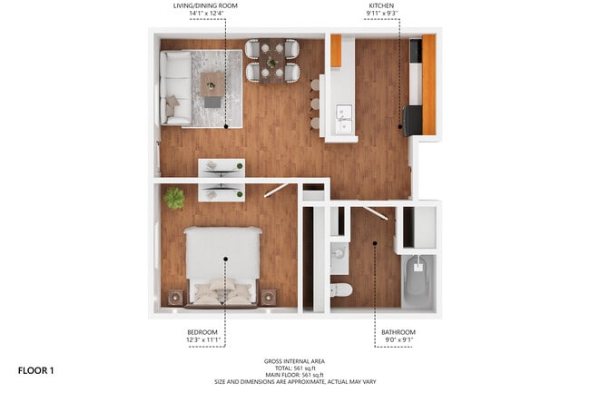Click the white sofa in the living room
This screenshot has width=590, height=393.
point(175,86)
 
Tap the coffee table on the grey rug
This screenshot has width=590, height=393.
point(212,84)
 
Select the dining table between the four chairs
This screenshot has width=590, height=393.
point(271,62)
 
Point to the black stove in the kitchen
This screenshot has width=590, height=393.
point(411,120)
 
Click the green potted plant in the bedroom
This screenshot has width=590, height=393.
point(174,197)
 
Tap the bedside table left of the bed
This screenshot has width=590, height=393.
point(176,297)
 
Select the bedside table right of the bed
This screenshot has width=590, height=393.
point(269,297)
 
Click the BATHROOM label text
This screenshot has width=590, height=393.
point(396,333)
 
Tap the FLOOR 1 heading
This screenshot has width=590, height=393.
point(37,370)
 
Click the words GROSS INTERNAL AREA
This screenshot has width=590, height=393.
point(296,360)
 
